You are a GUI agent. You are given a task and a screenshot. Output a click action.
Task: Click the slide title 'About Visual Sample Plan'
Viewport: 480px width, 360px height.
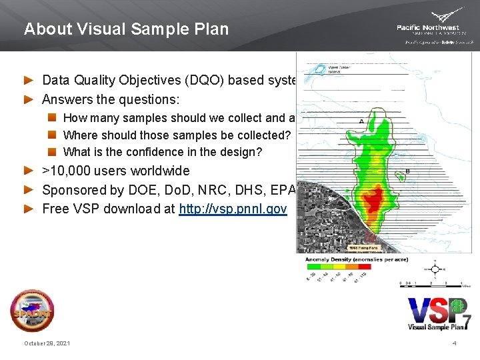(x=126, y=29)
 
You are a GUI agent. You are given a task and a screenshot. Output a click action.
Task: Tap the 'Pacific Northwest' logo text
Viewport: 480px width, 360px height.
(x=427, y=27)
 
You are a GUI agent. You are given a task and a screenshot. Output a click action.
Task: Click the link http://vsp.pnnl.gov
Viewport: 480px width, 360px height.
(x=233, y=209)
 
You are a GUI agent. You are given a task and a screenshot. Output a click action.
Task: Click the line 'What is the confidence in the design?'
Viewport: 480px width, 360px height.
(x=162, y=152)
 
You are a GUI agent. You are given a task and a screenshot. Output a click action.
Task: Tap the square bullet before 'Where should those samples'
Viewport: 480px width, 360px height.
(x=53, y=135)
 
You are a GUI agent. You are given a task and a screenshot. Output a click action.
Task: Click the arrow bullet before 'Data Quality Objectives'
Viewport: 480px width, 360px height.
(x=28, y=81)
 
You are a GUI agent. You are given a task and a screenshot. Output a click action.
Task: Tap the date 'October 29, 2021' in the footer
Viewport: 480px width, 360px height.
(x=47, y=343)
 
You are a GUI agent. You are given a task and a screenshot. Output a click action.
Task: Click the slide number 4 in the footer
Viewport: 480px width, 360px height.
(x=454, y=343)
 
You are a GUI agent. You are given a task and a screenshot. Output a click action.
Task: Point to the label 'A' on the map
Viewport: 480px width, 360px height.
(x=361, y=121)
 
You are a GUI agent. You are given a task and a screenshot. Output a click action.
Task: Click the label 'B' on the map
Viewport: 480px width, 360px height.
(x=407, y=171)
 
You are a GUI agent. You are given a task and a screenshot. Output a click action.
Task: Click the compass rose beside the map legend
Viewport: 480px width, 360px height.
(x=435, y=270)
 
